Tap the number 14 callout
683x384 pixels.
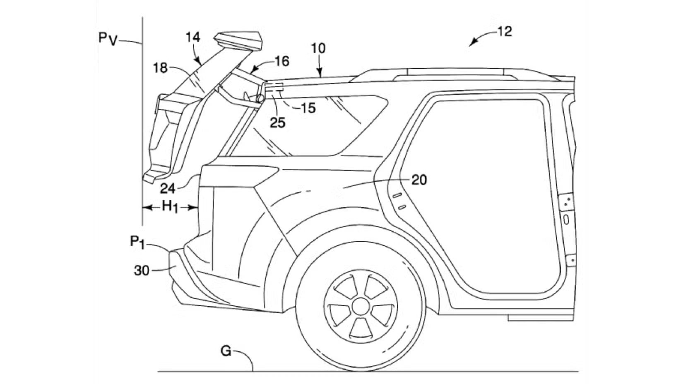193,37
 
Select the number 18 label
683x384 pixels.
160,67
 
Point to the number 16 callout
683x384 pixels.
282,61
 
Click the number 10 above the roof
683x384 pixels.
318,48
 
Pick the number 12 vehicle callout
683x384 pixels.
504,31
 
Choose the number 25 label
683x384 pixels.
278,122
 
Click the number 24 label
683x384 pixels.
168,189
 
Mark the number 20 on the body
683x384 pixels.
419,180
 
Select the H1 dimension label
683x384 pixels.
170,206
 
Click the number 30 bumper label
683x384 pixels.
142,271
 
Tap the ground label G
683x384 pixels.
226,351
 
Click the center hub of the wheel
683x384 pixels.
361,306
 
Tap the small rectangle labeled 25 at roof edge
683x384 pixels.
273,87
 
